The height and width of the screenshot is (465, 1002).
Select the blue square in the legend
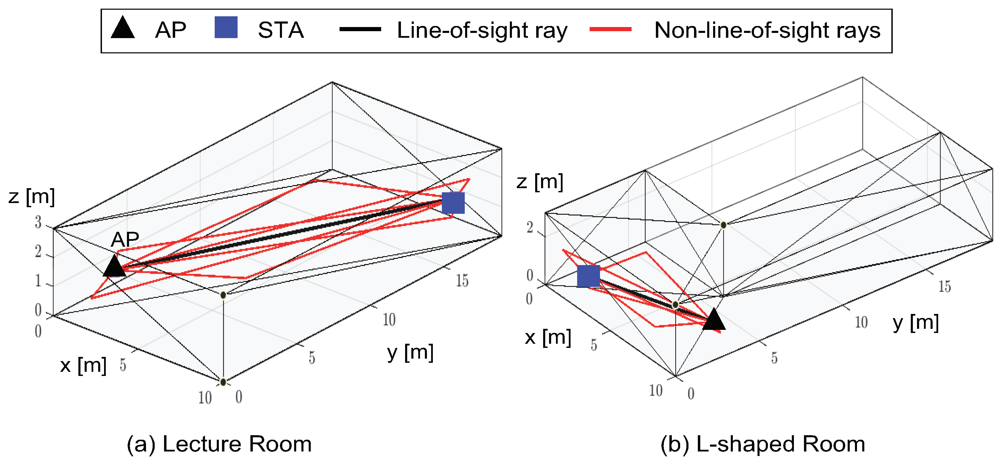(x=226, y=27)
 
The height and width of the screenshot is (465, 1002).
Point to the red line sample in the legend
(x=610, y=29)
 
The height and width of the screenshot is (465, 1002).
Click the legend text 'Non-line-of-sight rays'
(x=767, y=30)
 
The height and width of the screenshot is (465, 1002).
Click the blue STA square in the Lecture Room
(x=453, y=203)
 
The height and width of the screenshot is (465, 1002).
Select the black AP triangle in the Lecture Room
(x=114, y=267)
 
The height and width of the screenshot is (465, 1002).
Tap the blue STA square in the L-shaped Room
(x=588, y=276)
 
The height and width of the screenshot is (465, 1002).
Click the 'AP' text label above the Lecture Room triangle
(x=125, y=239)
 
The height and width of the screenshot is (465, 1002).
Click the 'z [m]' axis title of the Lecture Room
(x=32, y=196)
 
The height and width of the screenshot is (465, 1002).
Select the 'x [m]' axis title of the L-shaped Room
(x=548, y=337)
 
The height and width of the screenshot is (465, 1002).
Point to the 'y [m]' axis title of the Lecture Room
(x=410, y=352)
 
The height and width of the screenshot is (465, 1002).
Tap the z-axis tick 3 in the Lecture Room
(x=38, y=222)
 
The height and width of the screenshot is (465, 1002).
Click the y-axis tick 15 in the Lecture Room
(x=462, y=280)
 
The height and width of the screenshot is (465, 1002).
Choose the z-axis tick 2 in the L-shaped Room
(x=530, y=227)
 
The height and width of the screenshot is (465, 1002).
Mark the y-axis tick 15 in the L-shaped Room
(x=944, y=286)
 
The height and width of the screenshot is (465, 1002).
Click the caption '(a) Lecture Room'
(x=219, y=444)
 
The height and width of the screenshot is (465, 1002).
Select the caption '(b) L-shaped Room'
(x=762, y=444)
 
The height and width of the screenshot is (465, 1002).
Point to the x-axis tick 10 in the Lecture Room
(x=205, y=397)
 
